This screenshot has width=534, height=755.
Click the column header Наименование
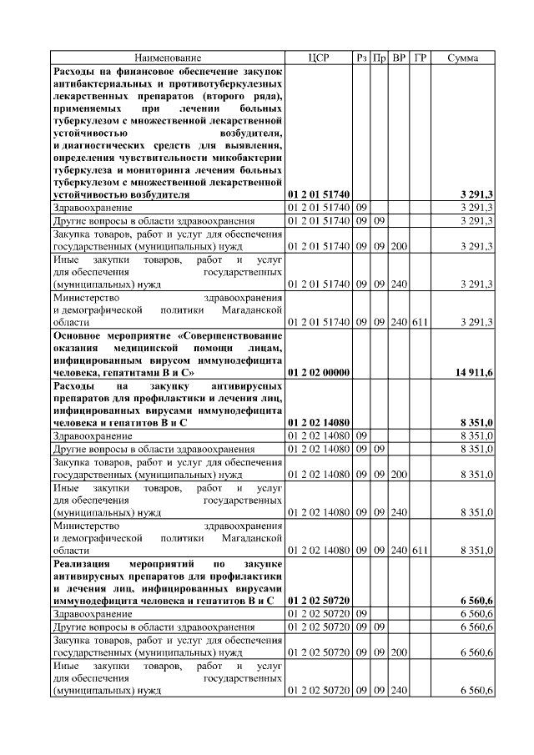[168, 58]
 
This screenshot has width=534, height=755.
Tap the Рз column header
[361, 58]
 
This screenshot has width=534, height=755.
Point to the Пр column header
[380, 58]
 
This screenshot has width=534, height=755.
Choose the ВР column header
[400, 58]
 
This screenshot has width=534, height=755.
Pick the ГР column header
[421, 58]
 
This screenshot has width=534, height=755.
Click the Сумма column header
[462, 58]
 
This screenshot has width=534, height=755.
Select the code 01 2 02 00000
[319, 372]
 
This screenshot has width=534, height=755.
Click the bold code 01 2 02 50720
[319, 601]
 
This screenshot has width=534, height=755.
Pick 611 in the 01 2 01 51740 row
[421, 321]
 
